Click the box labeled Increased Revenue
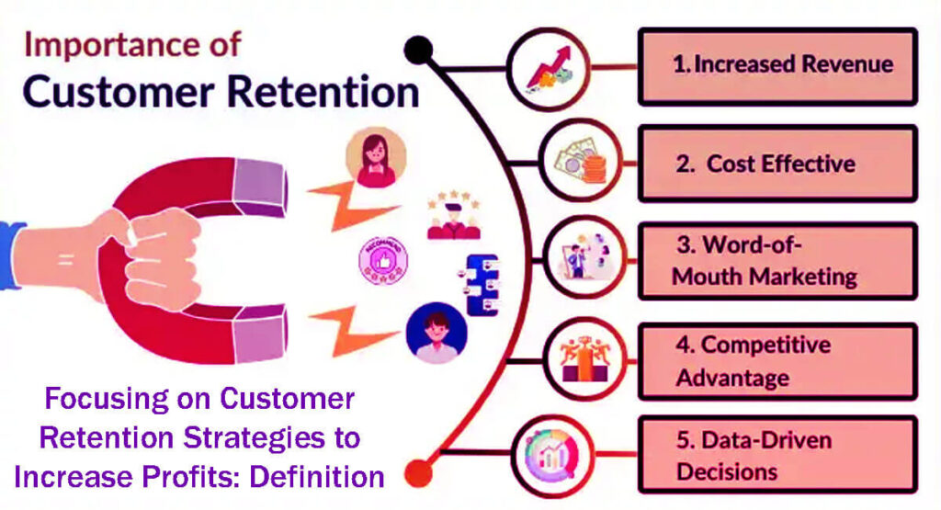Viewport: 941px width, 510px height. point(777,65)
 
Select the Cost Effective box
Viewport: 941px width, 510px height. point(777,164)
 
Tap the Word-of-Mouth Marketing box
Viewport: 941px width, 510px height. point(777,261)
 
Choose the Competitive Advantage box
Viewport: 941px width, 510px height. point(777,360)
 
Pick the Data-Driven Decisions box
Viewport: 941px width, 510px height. point(777,455)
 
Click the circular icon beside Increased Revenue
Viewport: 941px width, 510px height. point(549,67)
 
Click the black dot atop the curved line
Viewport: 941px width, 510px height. point(418,51)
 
